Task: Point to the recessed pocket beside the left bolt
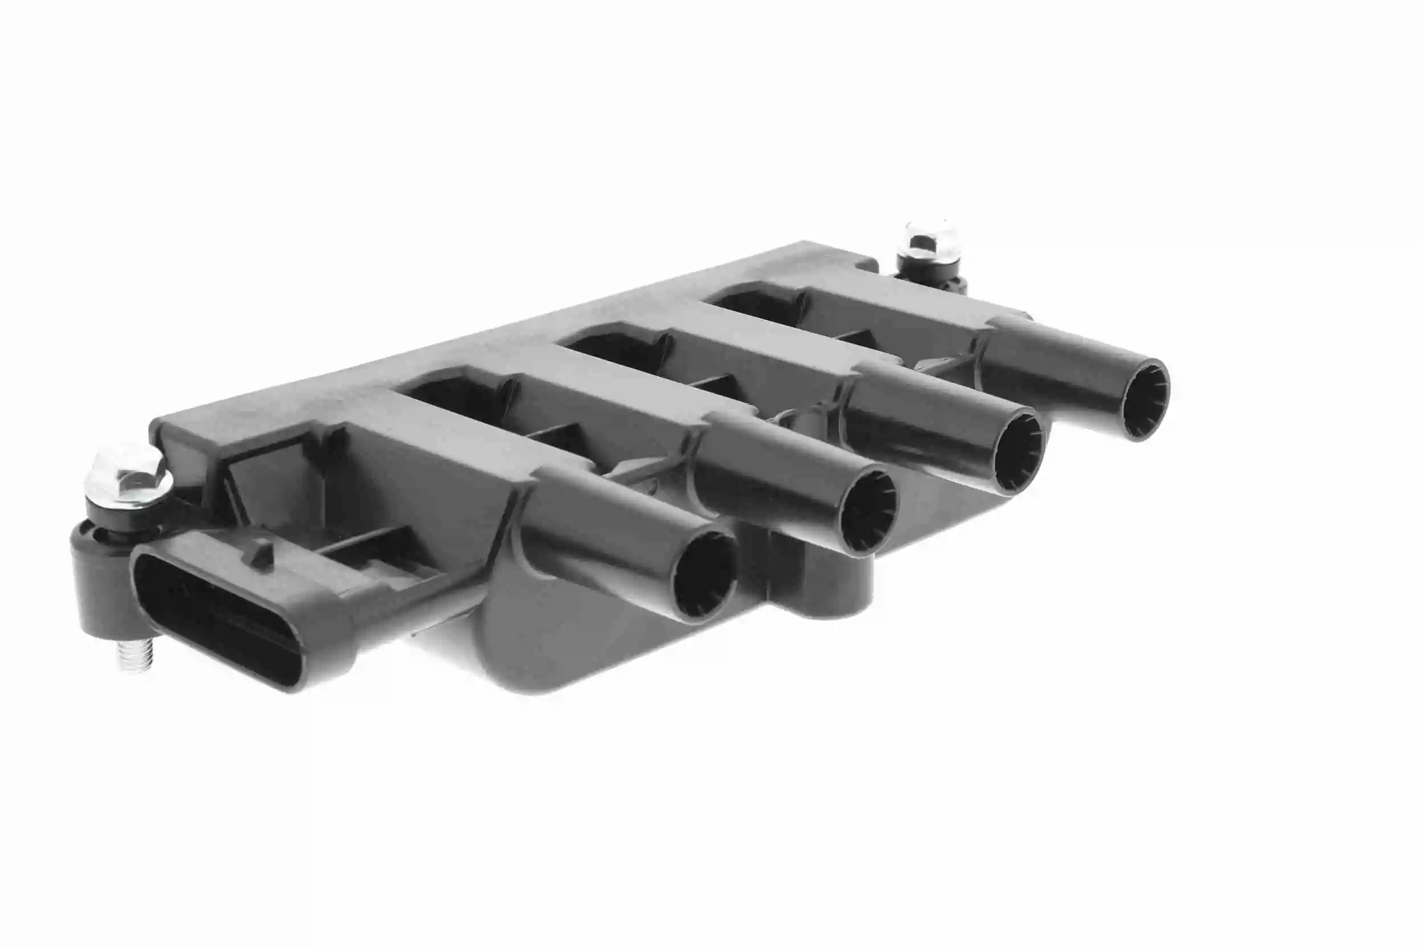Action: click(x=266, y=478)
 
